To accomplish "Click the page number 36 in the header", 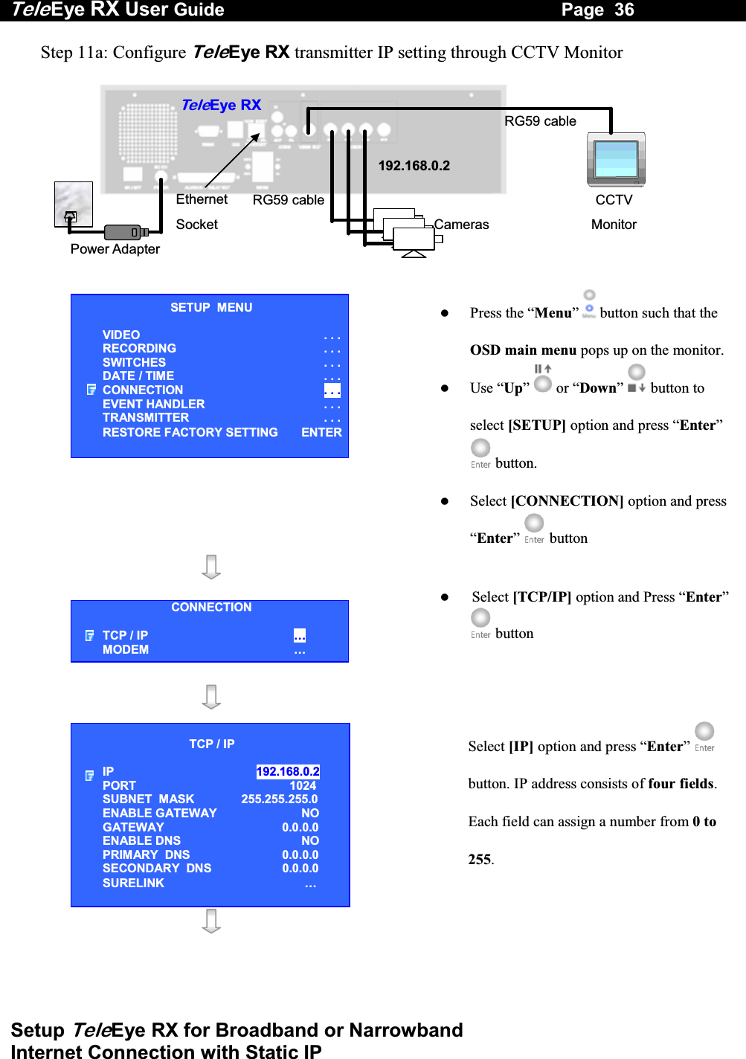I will point(624,10).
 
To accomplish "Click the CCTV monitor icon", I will point(616,160).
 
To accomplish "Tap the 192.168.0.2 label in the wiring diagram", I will point(414,166).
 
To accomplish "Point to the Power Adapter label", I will point(115,249).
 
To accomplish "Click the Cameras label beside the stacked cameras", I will point(461,225).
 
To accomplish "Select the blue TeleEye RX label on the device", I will point(221,105).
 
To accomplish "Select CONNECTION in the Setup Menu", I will point(143,390).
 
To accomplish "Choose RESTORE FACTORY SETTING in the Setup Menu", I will point(190,433).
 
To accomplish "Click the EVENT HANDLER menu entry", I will point(154,405).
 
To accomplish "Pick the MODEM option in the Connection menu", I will point(126,650).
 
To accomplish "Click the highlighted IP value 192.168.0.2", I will point(288,772).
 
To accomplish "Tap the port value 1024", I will point(303,786).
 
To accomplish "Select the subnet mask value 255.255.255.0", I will point(280,799).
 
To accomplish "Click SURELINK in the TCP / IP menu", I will point(134,883).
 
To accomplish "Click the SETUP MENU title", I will point(211,308).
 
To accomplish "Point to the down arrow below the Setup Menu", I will point(211,567).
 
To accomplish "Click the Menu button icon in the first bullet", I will point(589,303).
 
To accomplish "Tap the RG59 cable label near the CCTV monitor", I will point(540,121).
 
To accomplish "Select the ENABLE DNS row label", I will point(142,841).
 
